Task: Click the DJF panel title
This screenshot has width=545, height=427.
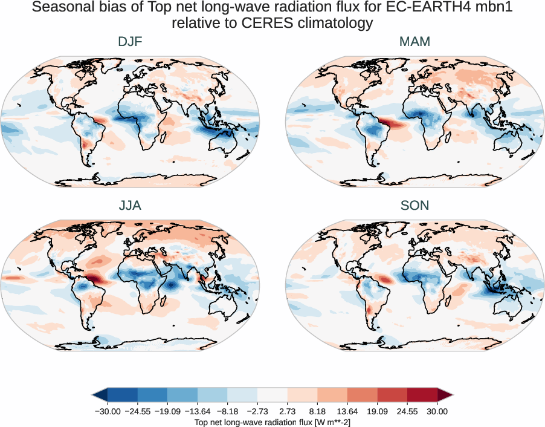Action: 130,42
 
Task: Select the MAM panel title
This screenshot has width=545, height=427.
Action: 414,42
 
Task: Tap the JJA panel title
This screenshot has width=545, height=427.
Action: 130,206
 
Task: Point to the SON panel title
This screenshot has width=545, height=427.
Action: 414,206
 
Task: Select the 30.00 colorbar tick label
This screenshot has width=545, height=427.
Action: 437,411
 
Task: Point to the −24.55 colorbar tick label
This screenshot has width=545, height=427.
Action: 138,411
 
